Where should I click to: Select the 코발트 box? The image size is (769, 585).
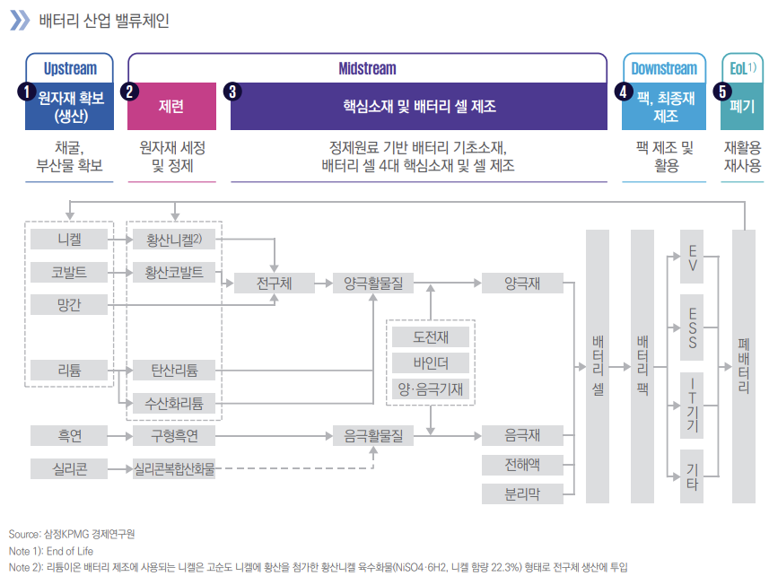[x=68, y=272]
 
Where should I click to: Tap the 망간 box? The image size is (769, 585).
[x=68, y=304]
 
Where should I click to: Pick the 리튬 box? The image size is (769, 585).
[x=68, y=369]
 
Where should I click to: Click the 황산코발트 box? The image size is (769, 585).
[x=174, y=272]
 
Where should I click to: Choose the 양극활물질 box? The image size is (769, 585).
[x=372, y=284]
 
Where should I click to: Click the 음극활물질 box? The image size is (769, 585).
[x=372, y=437]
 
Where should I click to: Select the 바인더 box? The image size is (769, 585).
[x=430, y=362]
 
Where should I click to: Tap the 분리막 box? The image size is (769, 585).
[x=523, y=493]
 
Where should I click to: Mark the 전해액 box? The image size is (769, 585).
[x=523, y=465]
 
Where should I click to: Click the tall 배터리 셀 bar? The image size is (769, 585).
[x=598, y=366]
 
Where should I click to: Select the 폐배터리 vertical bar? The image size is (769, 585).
[x=744, y=366]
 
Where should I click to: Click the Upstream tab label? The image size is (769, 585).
[x=69, y=68]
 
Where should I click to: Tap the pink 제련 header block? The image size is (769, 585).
[x=171, y=107]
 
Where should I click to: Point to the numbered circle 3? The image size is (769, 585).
[x=233, y=91]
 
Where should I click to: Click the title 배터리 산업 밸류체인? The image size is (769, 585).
[x=103, y=20]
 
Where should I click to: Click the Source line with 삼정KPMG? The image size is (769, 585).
[x=72, y=534]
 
